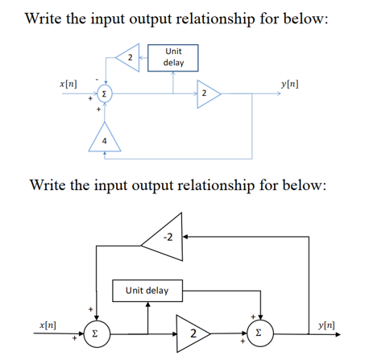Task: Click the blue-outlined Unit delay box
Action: click(172, 56)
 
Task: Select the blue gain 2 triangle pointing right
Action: click(207, 94)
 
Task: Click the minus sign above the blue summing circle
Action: click(97, 78)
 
